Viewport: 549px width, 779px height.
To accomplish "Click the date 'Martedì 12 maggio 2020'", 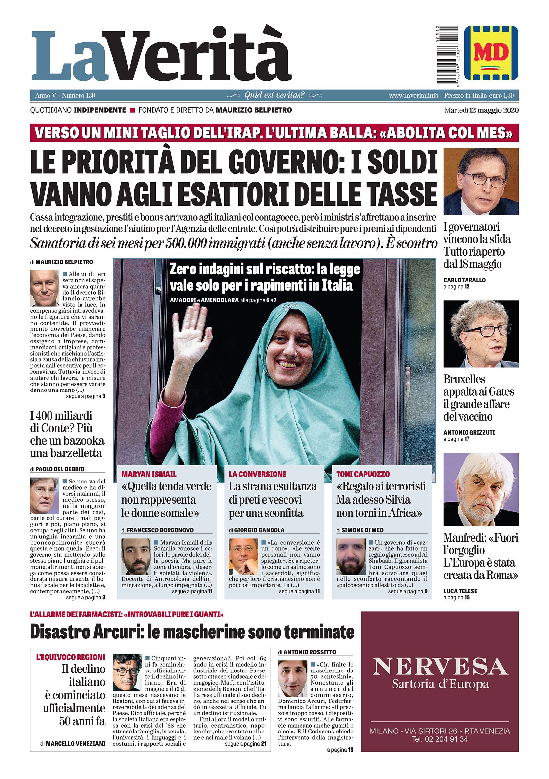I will (x=481, y=110).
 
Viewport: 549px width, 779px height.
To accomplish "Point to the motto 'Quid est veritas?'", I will (x=274, y=95).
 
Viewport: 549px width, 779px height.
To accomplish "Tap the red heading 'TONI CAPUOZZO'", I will (x=363, y=474).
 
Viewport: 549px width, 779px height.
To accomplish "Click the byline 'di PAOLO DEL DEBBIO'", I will (x=57, y=469).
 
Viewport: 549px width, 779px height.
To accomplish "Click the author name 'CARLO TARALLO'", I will (x=465, y=280).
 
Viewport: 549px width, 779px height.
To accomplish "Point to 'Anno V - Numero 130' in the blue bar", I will (x=65, y=96).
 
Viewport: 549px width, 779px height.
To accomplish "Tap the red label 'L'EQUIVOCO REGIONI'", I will (x=71, y=657).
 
